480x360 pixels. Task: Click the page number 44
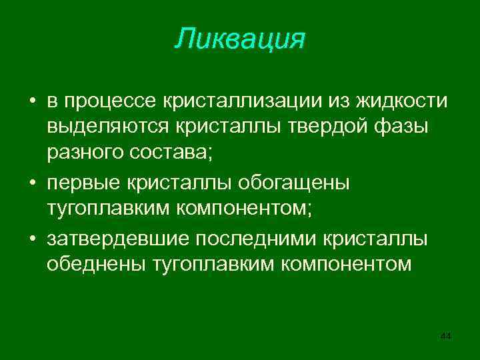pyautogui.click(x=446, y=337)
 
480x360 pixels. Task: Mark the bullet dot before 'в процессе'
pyautogui.click(x=32, y=101)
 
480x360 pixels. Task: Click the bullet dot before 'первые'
pyautogui.click(x=32, y=183)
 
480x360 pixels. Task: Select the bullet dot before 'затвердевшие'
pyautogui.click(x=32, y=239)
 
